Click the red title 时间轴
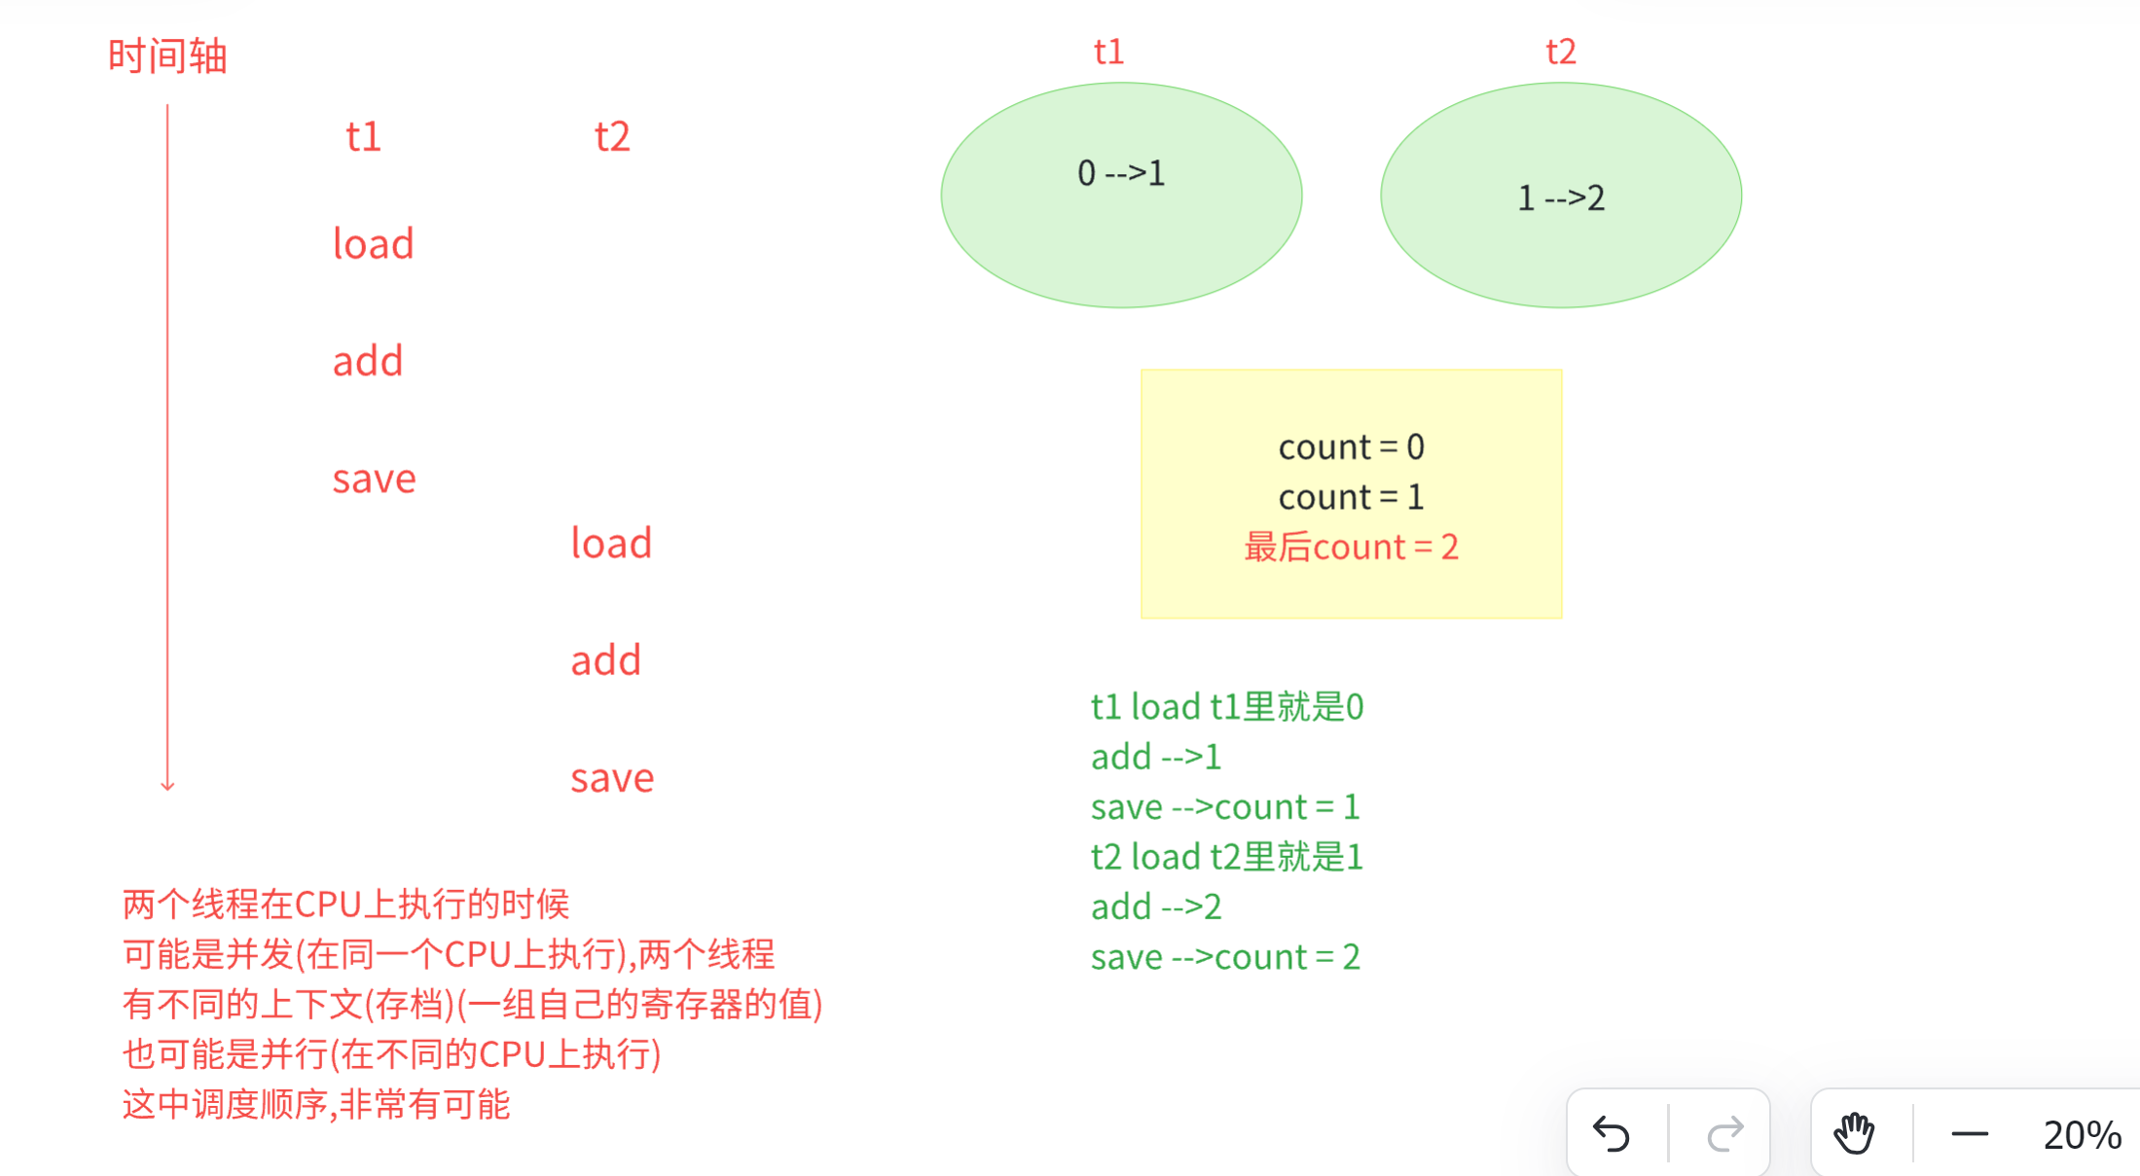(167, 56)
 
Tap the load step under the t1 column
(374, 243)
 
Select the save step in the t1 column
(374, 479)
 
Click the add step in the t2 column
(605, 660)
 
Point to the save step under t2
(611, 778)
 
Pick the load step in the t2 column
(611, 543)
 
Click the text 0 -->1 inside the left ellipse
(1121, 174)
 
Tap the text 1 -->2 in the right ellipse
(1561, 198)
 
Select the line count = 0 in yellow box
(1351, 447)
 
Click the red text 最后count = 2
(1351, 548)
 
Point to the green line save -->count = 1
(1225, 807)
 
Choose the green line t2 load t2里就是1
(1227, 857)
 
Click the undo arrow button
(1612, 1134)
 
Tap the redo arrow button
(1725, 1134)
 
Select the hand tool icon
(1854, 1134)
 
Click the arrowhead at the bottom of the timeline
(167, 785)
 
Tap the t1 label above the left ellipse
(1108, 52)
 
